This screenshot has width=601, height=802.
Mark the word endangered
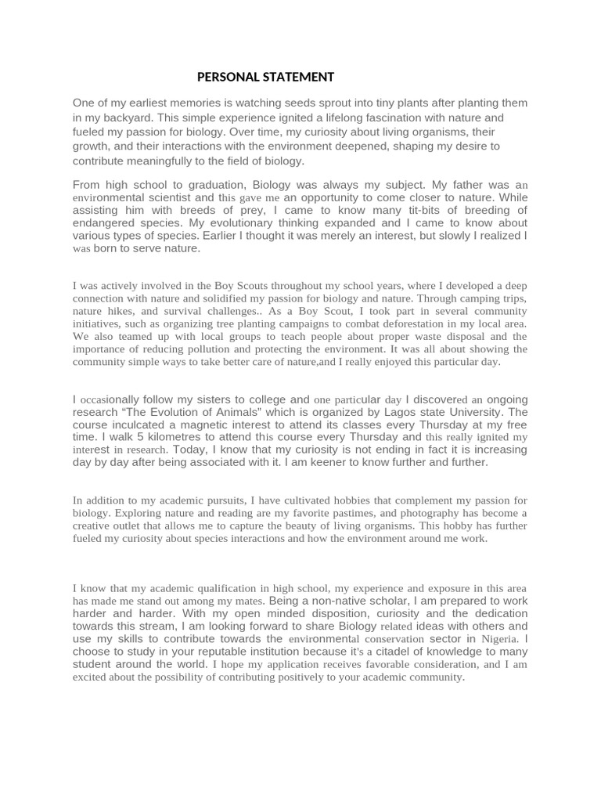point(104,224)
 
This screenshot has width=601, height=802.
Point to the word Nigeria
point(499,638)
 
